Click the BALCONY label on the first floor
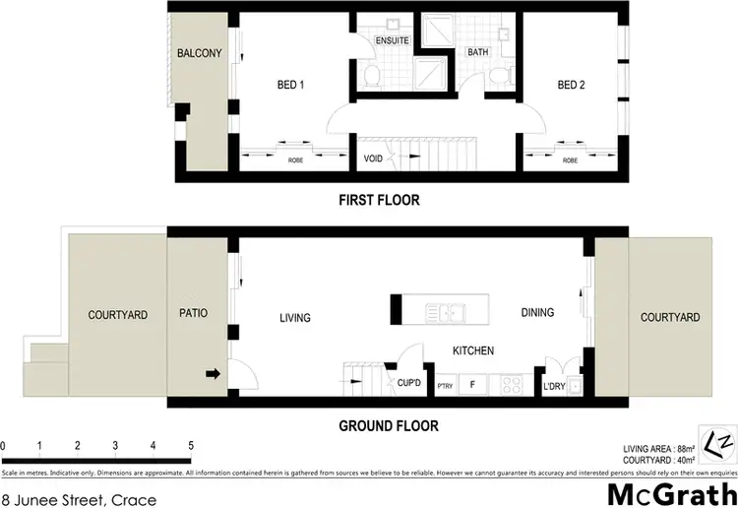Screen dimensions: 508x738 (x=200, y=53)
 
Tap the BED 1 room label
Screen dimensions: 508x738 (x=289, y=86)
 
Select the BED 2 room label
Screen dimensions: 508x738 (x=571, y=86)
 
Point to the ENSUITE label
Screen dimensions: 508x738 (x=392, y=40)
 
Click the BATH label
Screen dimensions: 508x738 (x=478, y=52)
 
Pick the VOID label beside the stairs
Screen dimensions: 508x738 (x=372, y=159)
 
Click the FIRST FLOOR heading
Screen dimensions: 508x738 (x=379, y=200)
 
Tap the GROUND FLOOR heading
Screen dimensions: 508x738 (x=388, y=426)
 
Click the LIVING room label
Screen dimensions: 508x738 (x=294, y=318)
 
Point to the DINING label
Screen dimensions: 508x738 (x=537, y=313)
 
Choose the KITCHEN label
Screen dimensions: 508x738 (x=472, y=350)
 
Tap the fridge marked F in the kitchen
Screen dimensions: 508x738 (x=473, y=384)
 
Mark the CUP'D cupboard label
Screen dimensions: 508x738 (x=410, y=383)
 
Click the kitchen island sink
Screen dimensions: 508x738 (x=449, y=313)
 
